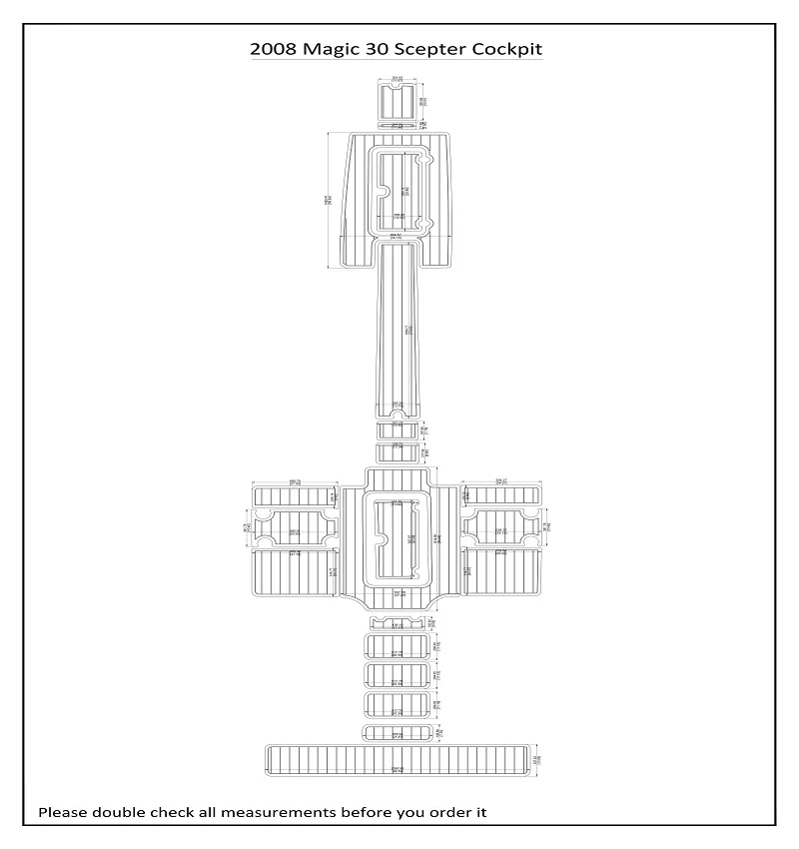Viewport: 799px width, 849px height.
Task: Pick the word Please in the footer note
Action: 63,812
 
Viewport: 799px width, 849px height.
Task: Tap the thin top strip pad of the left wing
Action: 294,496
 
